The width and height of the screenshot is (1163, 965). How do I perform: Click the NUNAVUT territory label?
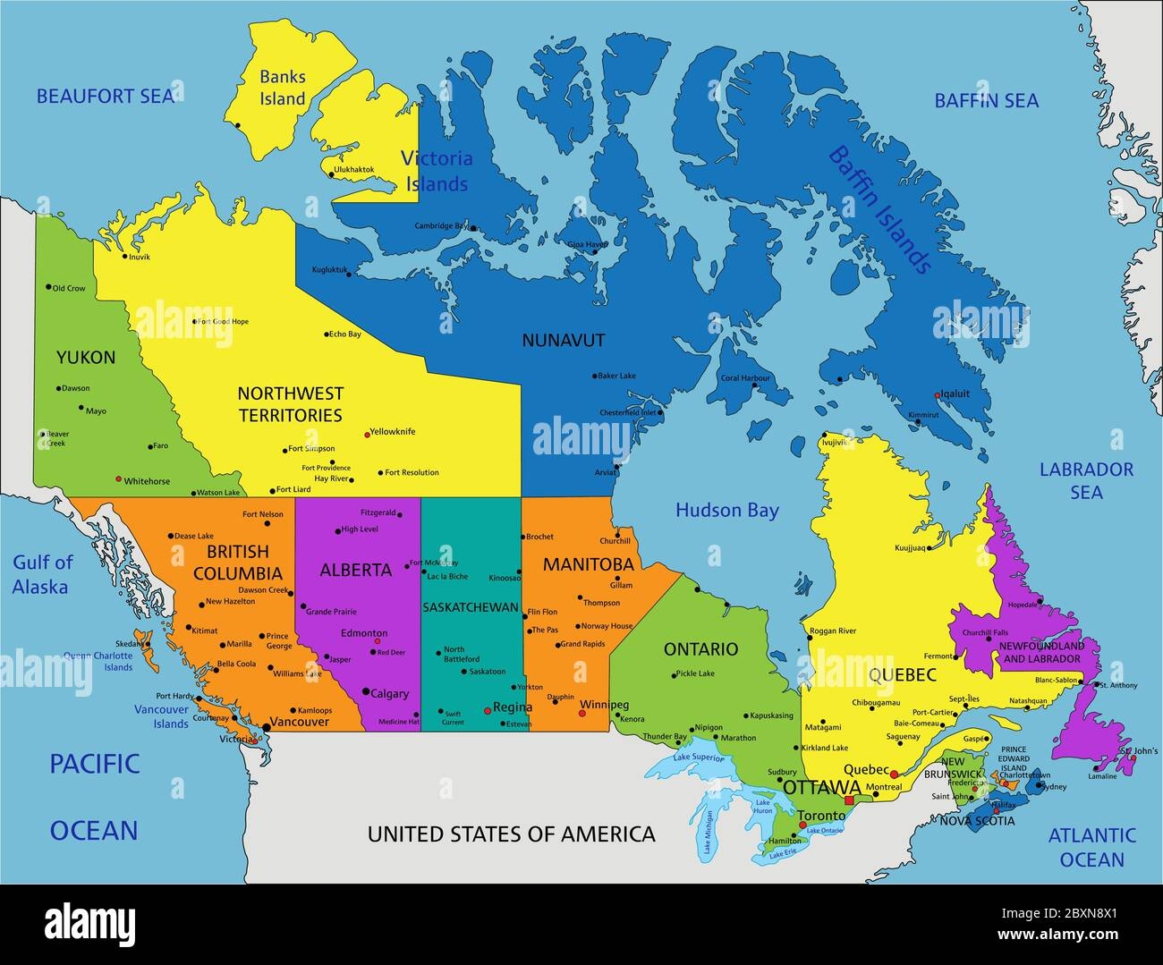[x=564, y=340]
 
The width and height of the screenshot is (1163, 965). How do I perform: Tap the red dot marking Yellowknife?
[x=367, y=435]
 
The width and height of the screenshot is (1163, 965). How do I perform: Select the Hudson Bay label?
[x=726, y=511]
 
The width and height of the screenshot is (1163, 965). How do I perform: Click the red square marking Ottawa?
[x=849, y=800]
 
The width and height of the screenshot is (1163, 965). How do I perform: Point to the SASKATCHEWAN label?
[x=471, y=607]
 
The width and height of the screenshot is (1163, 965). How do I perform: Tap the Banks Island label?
[x=283, y=88]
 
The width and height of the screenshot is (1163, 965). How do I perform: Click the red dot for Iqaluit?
[x=937, y=394]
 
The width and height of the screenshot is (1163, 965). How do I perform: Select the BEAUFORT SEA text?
[x=106, y=96]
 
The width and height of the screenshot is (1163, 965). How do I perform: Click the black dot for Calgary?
[x=365, y=691]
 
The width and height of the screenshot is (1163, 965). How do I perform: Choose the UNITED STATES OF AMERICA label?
[x=512, y=834]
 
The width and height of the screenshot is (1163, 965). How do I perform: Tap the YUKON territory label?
[x=86, y=358]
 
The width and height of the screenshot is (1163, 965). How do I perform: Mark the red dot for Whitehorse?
[x=118, y=479]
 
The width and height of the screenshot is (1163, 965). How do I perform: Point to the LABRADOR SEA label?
[x=1086, y=480]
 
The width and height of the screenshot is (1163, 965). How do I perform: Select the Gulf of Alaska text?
[x=41, y=574]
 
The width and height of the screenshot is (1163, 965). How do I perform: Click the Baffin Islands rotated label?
[x=880, y=208]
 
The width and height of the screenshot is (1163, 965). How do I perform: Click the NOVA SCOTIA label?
[x=977, y=820]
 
